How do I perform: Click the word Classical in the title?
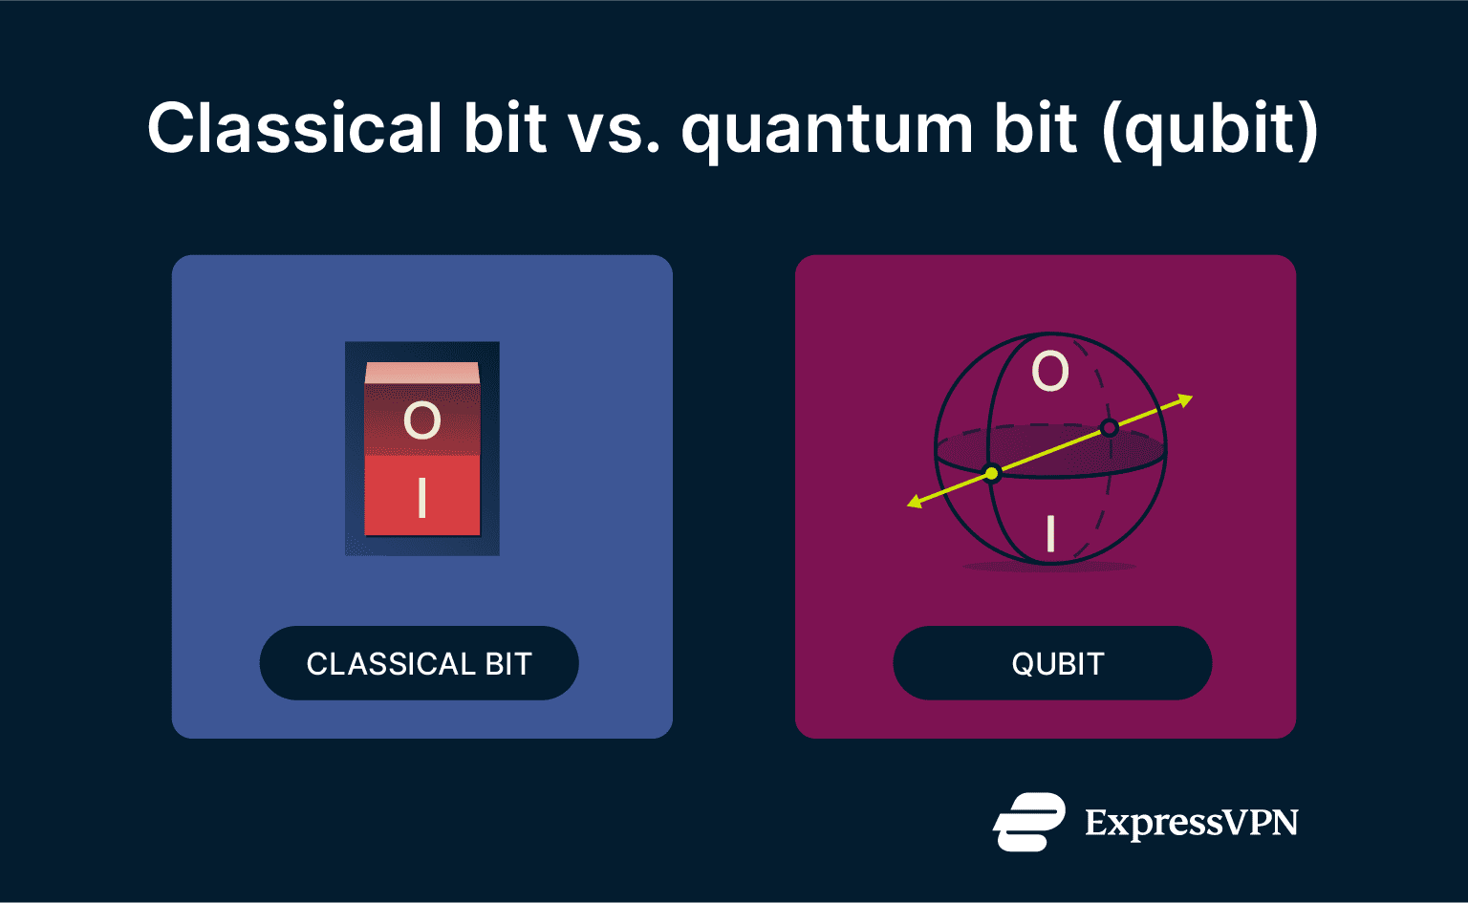coord(294,129)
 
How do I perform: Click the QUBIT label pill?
coord(1052,663)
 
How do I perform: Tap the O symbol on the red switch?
coord(421,420)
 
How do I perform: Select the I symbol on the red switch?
coord(421,498)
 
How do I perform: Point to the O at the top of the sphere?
coord(1049,371)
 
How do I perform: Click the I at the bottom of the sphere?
coord(1050,533)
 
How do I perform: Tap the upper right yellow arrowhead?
coord(1185,399)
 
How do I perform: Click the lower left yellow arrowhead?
coord(915,502)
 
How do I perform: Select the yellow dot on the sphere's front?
coord(992,473)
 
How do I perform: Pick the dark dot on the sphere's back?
coord(1109,427)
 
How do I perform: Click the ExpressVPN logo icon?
coord(1028,822)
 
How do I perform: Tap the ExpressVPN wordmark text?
coord(1191,823)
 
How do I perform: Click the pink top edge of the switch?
coord(421,372)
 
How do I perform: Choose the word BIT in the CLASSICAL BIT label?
coord(507,664)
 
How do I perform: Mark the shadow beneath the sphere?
coord(1049,568)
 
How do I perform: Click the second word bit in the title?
coord(1036,129)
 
